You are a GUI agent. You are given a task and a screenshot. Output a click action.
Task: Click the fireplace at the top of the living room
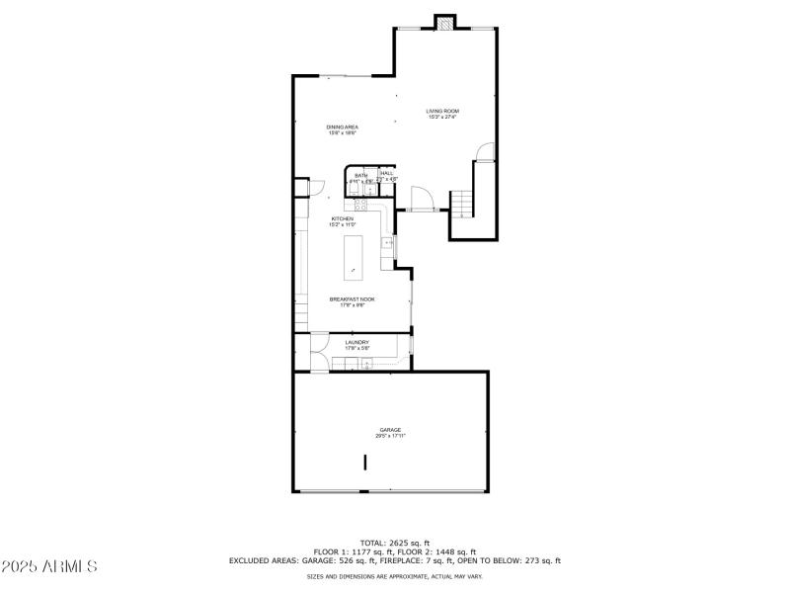(446, 22)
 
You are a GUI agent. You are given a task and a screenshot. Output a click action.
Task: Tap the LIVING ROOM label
(442, 111)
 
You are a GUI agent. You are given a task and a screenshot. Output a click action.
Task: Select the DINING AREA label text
(343, 127)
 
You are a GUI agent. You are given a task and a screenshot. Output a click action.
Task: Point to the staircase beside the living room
(463, 202)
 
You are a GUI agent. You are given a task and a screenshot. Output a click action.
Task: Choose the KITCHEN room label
(343, 218)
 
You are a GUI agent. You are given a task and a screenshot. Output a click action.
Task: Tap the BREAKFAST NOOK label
(353, 298)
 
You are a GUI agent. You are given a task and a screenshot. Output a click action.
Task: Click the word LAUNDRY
(356, 342)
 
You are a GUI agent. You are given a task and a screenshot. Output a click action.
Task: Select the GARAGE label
(391, 430)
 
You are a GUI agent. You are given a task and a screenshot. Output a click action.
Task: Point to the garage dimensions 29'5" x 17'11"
(391, 436)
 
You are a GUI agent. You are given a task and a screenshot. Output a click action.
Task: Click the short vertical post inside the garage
(364, 462)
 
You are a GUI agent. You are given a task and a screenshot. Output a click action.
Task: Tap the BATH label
(360, 175)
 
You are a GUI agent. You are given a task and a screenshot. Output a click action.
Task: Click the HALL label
(387, 173)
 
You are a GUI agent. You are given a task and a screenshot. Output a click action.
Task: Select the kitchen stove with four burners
(361, 206)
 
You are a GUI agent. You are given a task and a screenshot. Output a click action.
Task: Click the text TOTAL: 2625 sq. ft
(395, 543)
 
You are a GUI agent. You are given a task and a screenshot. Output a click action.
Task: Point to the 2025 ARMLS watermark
(49, 566)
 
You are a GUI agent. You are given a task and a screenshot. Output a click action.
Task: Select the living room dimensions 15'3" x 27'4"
(442, 117)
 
